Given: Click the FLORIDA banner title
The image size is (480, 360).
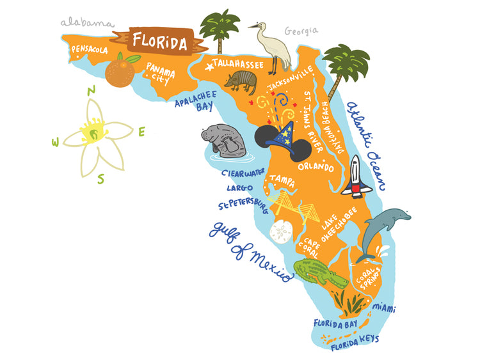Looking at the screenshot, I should (161, 43).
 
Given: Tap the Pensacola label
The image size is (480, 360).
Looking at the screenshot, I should (90, 49).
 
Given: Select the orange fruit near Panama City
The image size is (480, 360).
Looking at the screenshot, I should (119, 72).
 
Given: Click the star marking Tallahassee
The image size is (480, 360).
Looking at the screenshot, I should (208, 65).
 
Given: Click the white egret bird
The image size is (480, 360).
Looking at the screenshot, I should (271, 45).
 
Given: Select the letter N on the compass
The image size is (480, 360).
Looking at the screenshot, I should (92, 90).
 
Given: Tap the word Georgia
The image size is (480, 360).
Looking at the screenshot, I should (300, 31).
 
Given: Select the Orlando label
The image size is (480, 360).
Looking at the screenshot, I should (316, 168).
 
